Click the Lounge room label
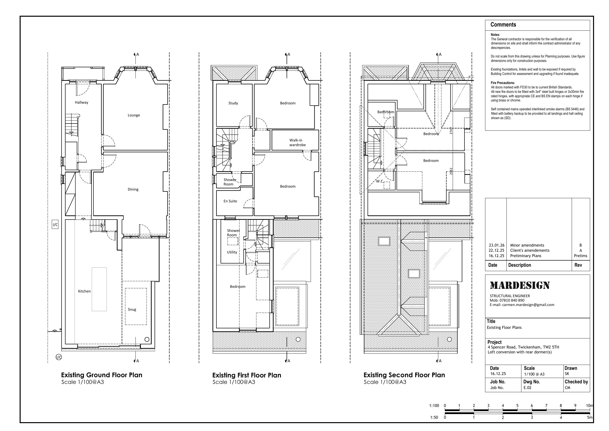pyautogui.click(x=134, y=115)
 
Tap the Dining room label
pyautogui.click(x=133, y=189)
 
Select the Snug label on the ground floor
pyautogui.click(x=132, y=309)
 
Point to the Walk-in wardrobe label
pyautogui.click(x=297, y=143)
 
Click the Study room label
pyautogui.click(x=233, y=103)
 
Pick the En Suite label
pyautogui.click(x=230, y=201)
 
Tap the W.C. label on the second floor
pyautogui.click(x=380, y=181)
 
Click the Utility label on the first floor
pyautogui.click(x=232, y=252)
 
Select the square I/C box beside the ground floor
pyautogui.click(x=55, y=225)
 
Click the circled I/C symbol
pyautogui.click(x=59, y=357)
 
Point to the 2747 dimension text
pyautogui.click(x=451, y=131)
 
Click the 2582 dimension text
pyautogui.click(x=451, y=171)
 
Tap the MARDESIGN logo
pyautogui.click(x=520, y=285)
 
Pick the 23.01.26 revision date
pyautogui.click(x=497, y=245)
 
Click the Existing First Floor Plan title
pyautogui.click(x=247, y=375)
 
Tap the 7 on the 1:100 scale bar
pyautogui.click(x=546, y=405)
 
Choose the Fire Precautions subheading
pyautogui.click(x=503, y=83)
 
